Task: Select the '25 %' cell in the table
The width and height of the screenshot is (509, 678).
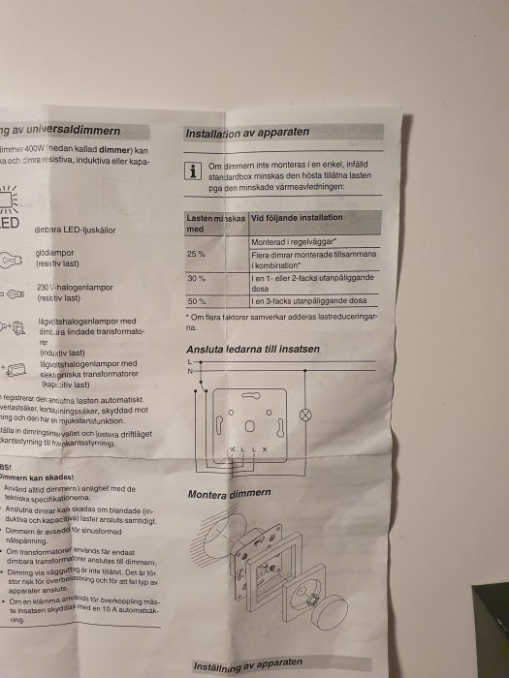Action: tap(196, 254)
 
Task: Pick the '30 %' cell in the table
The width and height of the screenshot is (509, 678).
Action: tap(196, 278)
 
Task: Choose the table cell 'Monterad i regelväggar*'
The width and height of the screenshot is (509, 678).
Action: tap(294, 239)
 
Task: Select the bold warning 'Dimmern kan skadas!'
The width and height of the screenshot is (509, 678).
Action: tap(40, 476)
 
